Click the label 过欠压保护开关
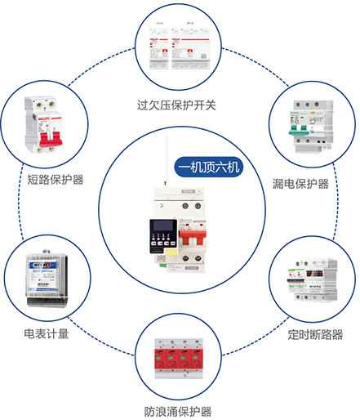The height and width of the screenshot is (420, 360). [x=176, y=105]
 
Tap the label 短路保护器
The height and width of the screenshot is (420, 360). [x=56, y=180]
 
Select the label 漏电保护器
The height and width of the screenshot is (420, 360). [x=300, y=184]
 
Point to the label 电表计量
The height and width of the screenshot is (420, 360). [x=47, y=333]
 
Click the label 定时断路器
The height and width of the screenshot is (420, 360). [x=315, y=334]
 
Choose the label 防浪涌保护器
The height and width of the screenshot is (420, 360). [x=178, y=411]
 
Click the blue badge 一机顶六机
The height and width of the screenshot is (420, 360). [x=209, y=167]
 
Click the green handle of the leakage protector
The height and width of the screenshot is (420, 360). [x=299, y=132]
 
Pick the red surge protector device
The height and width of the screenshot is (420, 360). [x=179, y=359]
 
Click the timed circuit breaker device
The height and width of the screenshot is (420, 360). [x=313, y=280]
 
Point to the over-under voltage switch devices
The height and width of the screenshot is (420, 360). [x=179, y=46]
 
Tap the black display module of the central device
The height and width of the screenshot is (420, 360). [x=163, y=236]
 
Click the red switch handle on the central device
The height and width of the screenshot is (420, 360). [x=193, y=237]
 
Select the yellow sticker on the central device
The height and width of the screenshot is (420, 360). [x=171, y=253]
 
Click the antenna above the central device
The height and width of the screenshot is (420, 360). [x=166, y=159]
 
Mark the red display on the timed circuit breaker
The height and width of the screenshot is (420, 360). [x=314, y=274]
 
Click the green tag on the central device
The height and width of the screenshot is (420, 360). [x=162, y=265]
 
